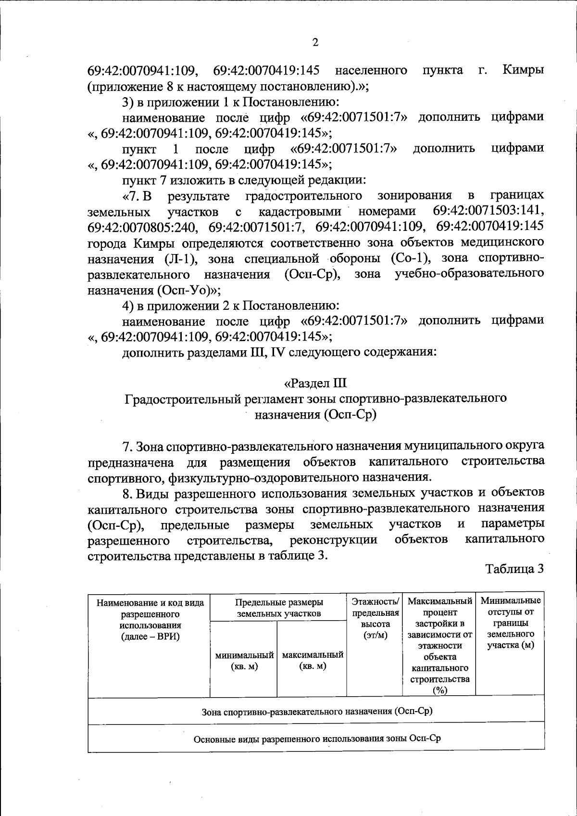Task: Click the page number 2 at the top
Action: coord(315,42)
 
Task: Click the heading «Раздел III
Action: coord(315,383)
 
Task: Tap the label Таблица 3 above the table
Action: coord(514,569)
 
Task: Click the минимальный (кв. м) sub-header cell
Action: coord(244,661)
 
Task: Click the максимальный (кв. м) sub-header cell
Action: coord(312,661)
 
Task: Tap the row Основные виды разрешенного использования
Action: coord(316,738)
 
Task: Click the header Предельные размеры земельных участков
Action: coord(278,608)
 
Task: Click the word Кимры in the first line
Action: coord(523,70)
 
